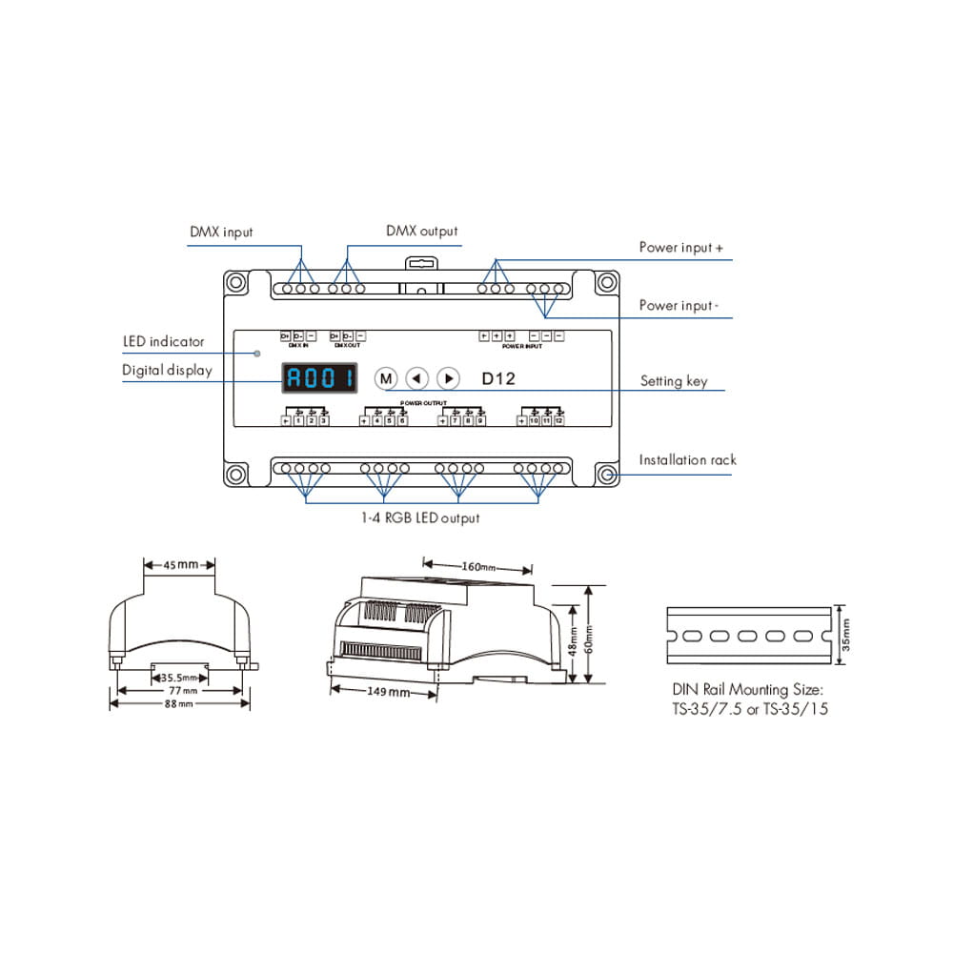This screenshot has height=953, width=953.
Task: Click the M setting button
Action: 385,378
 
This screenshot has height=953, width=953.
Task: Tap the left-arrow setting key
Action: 416,378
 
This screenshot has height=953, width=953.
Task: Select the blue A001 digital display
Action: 321,378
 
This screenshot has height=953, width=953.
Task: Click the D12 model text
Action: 497,378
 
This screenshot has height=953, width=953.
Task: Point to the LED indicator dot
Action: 257,354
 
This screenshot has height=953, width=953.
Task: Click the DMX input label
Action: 221,232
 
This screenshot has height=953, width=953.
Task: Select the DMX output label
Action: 421,231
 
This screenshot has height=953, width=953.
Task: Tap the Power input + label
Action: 680,248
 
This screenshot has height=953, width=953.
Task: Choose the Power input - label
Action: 679,306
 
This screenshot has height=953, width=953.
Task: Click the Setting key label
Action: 674,381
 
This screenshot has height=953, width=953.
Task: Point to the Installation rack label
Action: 687,459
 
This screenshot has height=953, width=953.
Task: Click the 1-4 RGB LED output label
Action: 420,517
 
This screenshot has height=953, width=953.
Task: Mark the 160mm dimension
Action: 479,568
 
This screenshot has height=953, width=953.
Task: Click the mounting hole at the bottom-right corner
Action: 606,474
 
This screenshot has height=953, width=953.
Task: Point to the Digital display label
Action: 167,370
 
